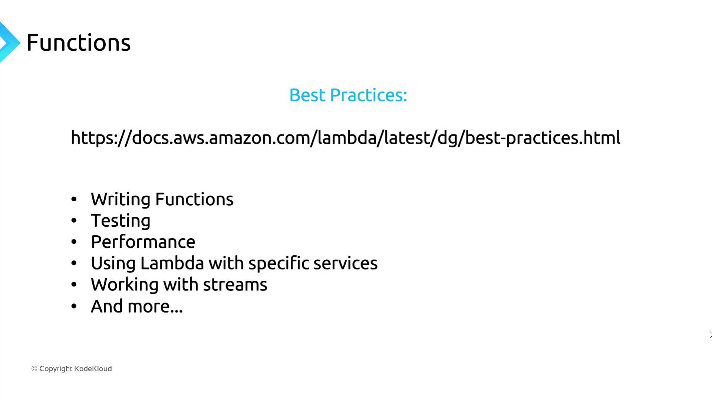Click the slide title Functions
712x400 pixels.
79,43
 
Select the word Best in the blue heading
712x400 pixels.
307,95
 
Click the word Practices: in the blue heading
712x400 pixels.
368,95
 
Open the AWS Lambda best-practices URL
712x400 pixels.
345,138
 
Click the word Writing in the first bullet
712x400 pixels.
121,200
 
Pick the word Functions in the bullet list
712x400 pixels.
194,199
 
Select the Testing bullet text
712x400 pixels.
121,221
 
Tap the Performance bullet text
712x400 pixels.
143,242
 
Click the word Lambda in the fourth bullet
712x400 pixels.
172,263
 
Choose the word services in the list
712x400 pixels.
345,263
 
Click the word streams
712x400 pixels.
235,285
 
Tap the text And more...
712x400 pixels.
137,306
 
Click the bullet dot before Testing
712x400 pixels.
74,221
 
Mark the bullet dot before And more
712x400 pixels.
74,306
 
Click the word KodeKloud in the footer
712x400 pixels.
93,369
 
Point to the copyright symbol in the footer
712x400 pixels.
34,369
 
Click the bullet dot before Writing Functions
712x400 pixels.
74,199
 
